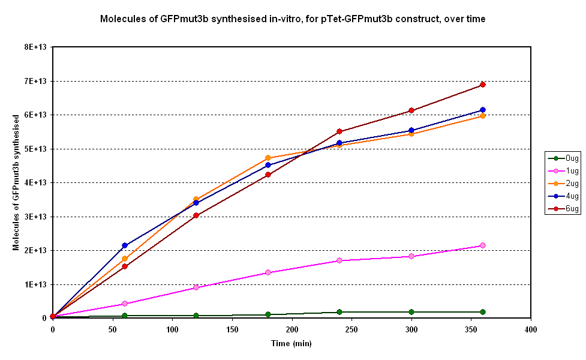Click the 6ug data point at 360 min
click(x=482, y=85)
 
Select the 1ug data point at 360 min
click(x=482, y=245)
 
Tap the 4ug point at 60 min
click(x=125, y=245)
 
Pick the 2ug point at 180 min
click(x=268, y=158)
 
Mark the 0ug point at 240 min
click(x=339, y=312)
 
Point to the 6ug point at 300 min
click(x=411, y=110)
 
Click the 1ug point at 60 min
click(x=125, y=304)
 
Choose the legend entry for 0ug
click(x=564, y=158)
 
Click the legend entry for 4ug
click(x=564, y=196)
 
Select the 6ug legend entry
click(x=564, y=209)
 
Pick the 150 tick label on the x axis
click(x=232, y=330)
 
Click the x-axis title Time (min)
click(x=292, y=344)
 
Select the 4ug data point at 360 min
click(x=482, y=110)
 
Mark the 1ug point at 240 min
click(x=339, y=260)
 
